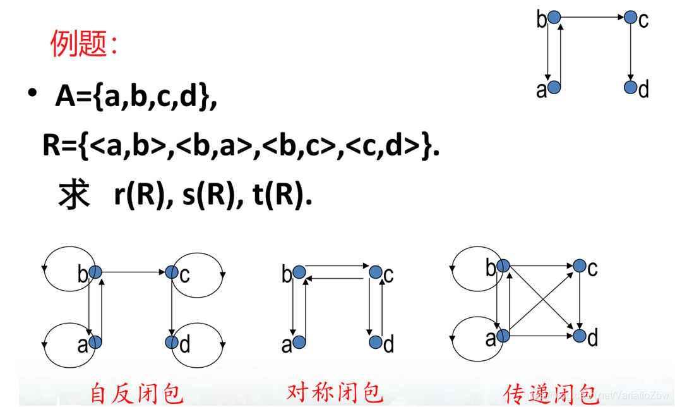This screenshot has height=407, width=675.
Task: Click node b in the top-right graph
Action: [554, 18]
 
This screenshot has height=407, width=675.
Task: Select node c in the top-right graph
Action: [630, 18]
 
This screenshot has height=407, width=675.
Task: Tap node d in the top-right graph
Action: [630, 88]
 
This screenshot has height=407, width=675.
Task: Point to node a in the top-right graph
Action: [554, 88]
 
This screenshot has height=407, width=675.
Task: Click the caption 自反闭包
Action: [136, 392]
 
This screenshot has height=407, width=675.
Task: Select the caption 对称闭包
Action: [335, 392]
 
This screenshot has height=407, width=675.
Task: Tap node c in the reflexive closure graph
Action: [172, 272]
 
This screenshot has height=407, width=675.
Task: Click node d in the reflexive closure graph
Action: [172, 342]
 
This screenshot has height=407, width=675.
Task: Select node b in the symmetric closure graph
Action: [299, 272]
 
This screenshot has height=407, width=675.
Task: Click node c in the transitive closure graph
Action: [580, 267]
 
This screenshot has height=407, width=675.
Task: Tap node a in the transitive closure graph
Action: [503, 336]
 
